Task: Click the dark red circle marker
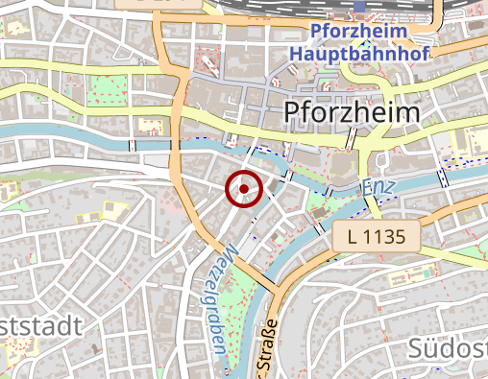point(244,188)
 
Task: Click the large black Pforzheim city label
point(353,112)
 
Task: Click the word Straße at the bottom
point(263,354)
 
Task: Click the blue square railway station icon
point(360,7)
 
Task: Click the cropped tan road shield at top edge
point(139,4)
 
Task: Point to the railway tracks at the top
point(288,14)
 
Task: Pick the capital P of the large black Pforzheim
point(293,112)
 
